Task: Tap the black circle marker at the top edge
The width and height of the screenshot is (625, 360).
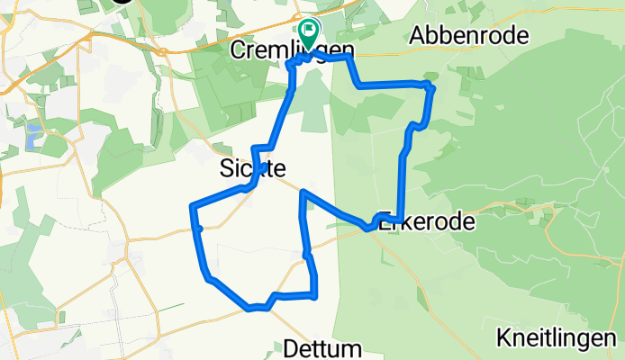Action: click(x=122, y=1)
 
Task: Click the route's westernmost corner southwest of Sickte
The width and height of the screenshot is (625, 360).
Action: click(x=192, y=208)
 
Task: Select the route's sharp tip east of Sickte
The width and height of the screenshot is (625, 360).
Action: click(x=302, y=192)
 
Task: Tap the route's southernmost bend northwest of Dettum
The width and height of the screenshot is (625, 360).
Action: click(x=251, y=308)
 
